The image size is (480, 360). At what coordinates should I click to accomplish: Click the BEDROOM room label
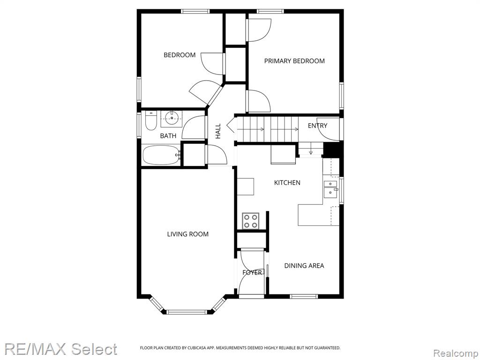click(180, 55)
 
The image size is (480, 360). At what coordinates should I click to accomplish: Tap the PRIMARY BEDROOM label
click(294, 61)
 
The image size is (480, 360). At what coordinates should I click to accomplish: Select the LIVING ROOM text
click(187, 234)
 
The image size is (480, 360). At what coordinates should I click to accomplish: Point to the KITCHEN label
click(287, 183)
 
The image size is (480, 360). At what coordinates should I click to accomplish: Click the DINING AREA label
click(304, 266)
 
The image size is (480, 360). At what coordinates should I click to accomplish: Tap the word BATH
click(168, 136)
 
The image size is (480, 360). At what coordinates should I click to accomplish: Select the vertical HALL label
click(218, 131)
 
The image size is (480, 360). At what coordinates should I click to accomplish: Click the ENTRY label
click(317, 126)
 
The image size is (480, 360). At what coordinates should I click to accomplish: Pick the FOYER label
click(252, 272)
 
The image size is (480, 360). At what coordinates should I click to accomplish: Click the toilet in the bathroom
click(150, 121)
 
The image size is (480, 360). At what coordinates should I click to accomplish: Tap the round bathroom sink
click(172, 118)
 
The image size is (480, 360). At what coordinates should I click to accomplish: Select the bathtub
click(162, 155)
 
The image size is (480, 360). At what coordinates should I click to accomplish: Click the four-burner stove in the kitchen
click(251, 221)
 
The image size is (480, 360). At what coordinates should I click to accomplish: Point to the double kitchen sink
click(331, 188)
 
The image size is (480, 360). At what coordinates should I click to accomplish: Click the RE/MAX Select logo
click(60, 349)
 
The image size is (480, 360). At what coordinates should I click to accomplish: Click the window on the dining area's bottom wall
click(304, 296)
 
